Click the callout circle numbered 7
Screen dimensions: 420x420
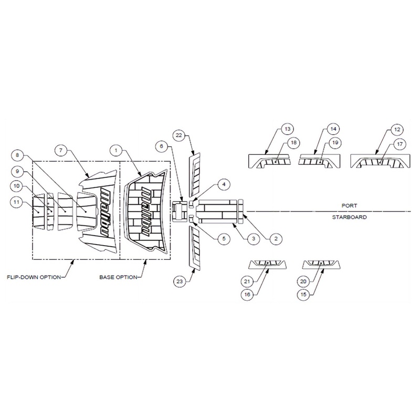(61, 150)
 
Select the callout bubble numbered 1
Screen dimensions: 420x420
(116, 150)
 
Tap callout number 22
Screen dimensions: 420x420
(179, 135)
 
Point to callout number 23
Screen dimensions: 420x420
(180, 281)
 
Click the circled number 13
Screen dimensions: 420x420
(287, 129)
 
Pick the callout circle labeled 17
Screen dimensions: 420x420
(400, 144)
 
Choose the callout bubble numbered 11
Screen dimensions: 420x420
(17, 202)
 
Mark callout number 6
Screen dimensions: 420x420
(161, 146)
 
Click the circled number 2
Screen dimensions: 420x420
(276, 238)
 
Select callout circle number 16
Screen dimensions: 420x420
(247, 295)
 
